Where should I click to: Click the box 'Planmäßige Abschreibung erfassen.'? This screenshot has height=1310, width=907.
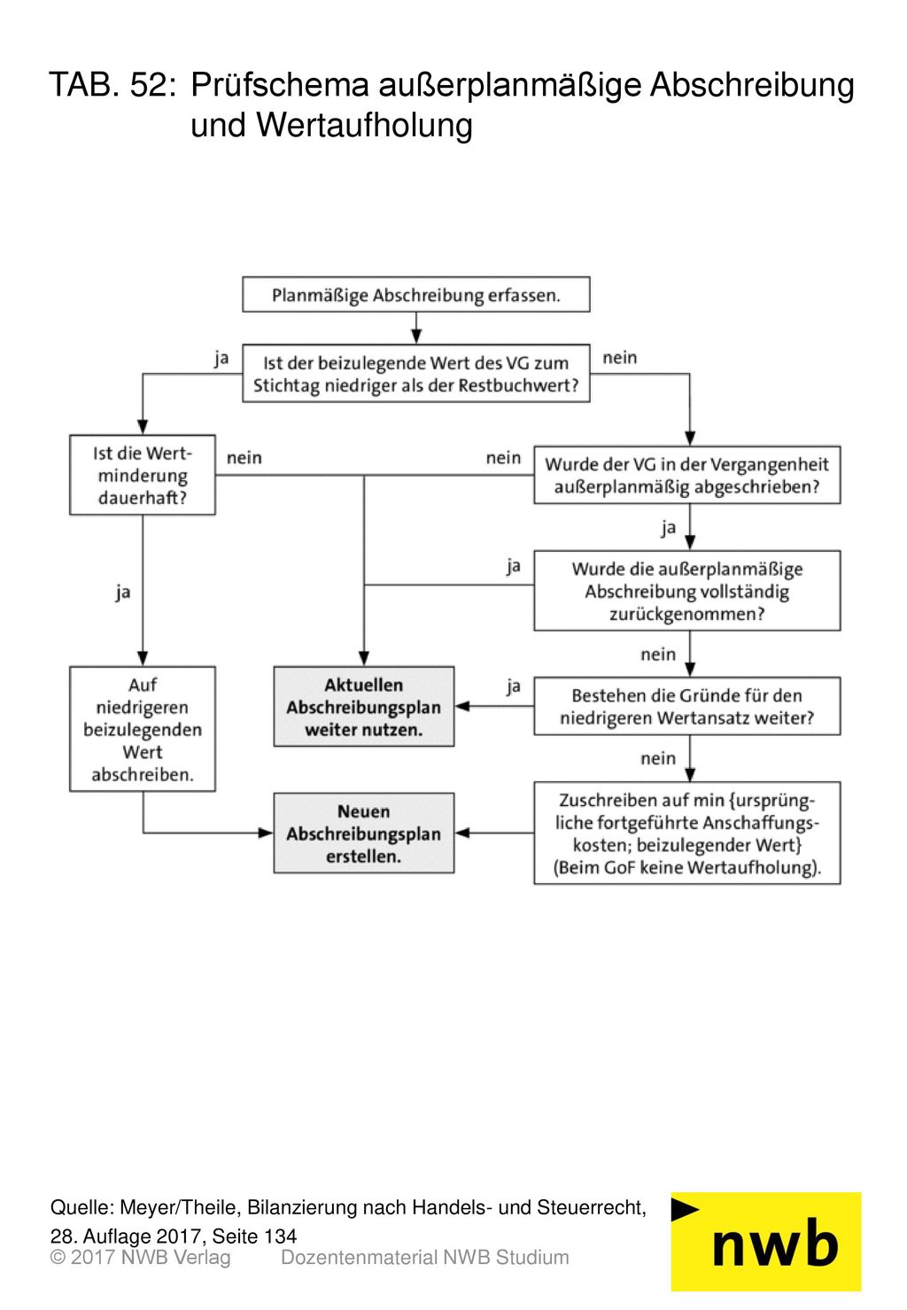pos(415,294)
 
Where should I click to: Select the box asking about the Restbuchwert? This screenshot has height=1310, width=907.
pos(415,373)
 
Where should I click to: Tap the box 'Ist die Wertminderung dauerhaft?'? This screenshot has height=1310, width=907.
pos(142,475)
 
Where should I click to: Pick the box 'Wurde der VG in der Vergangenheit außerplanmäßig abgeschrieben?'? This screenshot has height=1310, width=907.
pos(687,475)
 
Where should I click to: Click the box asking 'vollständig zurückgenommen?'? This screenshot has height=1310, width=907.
pos(687,591)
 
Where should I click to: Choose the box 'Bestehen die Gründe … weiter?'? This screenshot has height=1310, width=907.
pos(687,706)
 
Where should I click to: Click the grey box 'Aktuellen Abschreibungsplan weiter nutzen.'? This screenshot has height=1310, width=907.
pos(364,707)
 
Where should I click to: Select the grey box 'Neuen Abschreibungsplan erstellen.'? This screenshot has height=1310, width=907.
pos(364,833)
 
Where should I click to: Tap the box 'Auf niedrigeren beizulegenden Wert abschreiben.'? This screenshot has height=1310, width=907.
pos(142,729)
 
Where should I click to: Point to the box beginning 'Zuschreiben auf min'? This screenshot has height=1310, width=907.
pos(687,833)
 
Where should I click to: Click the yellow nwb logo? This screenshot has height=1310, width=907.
pos(766,1242)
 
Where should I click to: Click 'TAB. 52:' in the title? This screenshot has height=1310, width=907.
pos(112,85)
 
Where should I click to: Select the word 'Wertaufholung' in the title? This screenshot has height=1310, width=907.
pos(364,125)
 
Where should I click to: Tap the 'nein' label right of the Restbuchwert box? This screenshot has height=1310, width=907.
pos(620,357)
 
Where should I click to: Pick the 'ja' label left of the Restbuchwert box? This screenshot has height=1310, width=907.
pos(221,358)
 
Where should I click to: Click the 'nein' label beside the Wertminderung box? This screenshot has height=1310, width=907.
pos(244,457)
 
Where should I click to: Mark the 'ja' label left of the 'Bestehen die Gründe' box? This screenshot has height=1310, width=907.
pos(514,686)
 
